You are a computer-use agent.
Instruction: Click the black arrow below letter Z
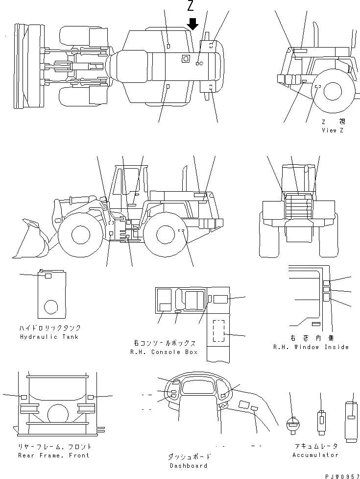coord(193,24)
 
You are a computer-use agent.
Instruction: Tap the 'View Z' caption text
coord(333,130)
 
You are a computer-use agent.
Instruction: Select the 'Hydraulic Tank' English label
coord(49,337)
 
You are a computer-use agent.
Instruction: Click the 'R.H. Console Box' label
coord(164,352)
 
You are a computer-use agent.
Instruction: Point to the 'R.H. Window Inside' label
coord(311,347)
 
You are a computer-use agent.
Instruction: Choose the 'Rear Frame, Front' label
coord(53,455)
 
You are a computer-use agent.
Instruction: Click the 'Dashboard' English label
coord(188,466)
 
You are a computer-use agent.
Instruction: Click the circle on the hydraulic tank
coord(51,307)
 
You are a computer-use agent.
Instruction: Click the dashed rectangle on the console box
coord(218,331)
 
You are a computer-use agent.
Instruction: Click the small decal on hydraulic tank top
coord(48,276)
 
